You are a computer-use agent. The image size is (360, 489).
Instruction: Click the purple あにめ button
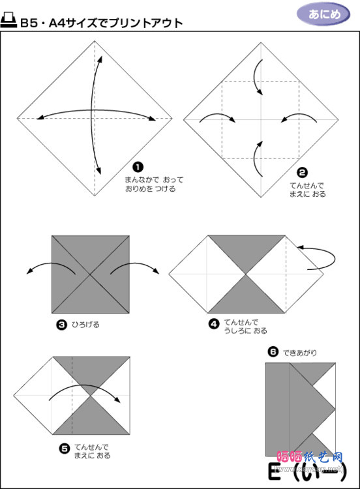pyautogui.click(x=322, y=14)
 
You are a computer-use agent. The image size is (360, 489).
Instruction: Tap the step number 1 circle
pyautogui.click(x=137, y=168)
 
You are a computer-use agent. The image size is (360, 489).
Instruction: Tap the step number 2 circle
pyautogui.click(x=302, y=173)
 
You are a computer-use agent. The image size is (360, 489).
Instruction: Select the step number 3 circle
pyautogui.click(x=61, y=323)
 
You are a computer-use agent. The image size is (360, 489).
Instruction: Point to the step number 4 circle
pyautogui.click(x=213, y=323)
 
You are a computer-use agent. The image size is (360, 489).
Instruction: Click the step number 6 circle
pyautogui.click(x=273, y=353)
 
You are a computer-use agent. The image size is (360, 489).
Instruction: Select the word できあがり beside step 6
pyautogui.click(x=300, y=353)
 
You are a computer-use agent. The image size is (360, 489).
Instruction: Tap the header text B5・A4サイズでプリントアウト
pyautogui.click(x=101, y=23)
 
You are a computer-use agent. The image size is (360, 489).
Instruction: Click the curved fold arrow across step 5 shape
pyautogui.click(x=88, y=392)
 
